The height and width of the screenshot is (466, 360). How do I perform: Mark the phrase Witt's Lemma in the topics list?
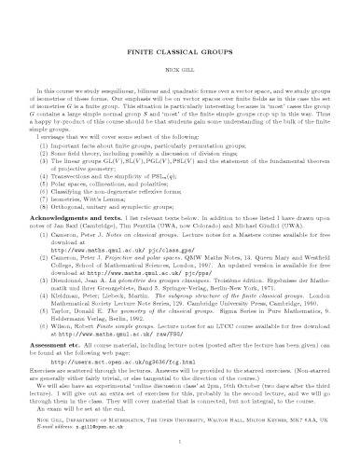[102, 190]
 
